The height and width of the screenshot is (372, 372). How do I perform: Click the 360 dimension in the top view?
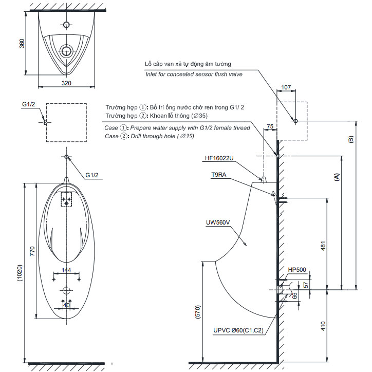(x=22, y=43)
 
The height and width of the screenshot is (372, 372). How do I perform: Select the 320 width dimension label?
(x=66, y=83)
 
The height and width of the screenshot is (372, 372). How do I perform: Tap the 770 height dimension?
(x=32, y=251)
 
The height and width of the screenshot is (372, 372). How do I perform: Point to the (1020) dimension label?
(x=20, y=273)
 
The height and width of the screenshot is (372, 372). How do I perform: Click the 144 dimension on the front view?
(x=66, y=270)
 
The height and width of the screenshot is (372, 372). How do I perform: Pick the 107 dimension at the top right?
(x=286, y=87)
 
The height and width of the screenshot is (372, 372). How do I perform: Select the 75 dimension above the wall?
(x=270, y=126)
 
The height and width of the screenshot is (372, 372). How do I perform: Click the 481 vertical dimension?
(x=323, y=246)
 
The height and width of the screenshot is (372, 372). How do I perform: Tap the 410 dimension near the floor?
(x=323, y=326)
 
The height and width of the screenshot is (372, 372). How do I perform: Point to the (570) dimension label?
(x=198, y=312)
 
